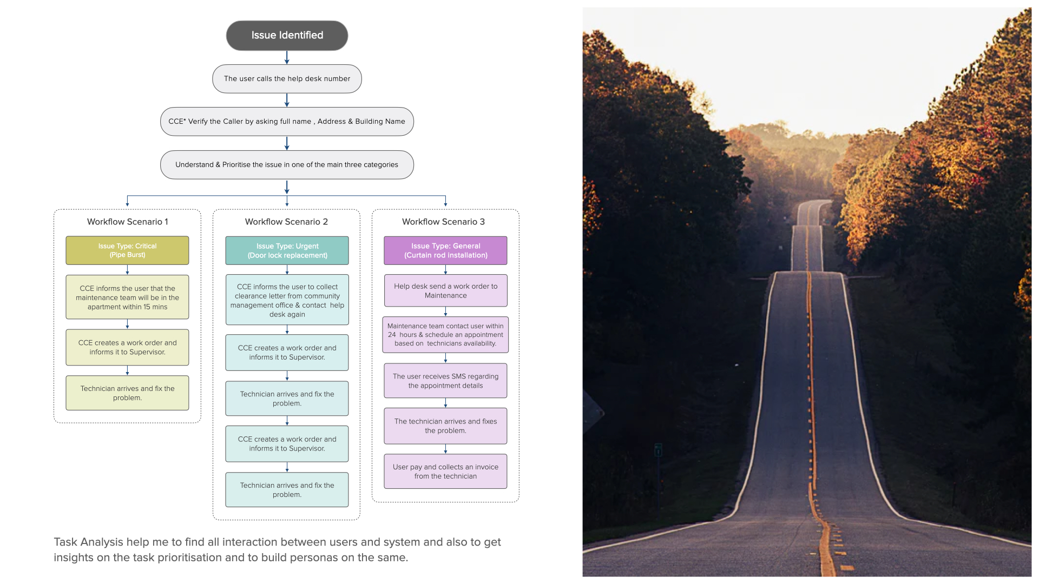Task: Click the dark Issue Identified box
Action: [x=287, y=36]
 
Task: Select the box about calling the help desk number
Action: [x=287, y=79]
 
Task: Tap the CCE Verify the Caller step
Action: [x=287, y=122]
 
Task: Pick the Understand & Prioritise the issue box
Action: [x=287, y=165]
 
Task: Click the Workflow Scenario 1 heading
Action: [x=127, y=222]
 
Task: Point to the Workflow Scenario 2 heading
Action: [x=286, y=222]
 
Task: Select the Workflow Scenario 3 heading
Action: [x=443, y=222]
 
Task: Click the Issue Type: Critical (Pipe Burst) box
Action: [x=127, y=250]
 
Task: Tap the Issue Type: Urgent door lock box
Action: [x=287, y=250]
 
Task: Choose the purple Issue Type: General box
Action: [x=445, y=250]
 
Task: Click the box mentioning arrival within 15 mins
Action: [x=127, y=297]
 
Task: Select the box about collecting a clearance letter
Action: [x=287, y=300]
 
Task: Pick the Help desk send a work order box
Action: [x=445, y=291]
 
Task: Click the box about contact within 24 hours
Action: [x=445, y=335]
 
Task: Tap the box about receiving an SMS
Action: [x=445, y=381]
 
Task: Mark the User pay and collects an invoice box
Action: [x=445, y=472]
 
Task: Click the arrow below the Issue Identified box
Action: [x=287, y=58]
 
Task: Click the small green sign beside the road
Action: [x=658, y=450]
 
